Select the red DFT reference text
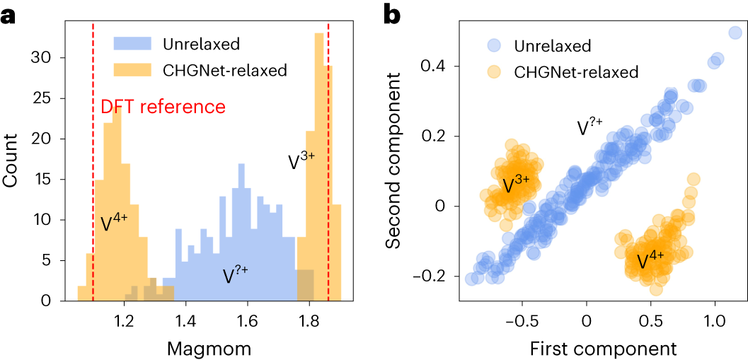(163, 108)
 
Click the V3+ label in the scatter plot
(516, 185)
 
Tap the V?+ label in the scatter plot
(590, 127)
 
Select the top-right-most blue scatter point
(735, 33)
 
